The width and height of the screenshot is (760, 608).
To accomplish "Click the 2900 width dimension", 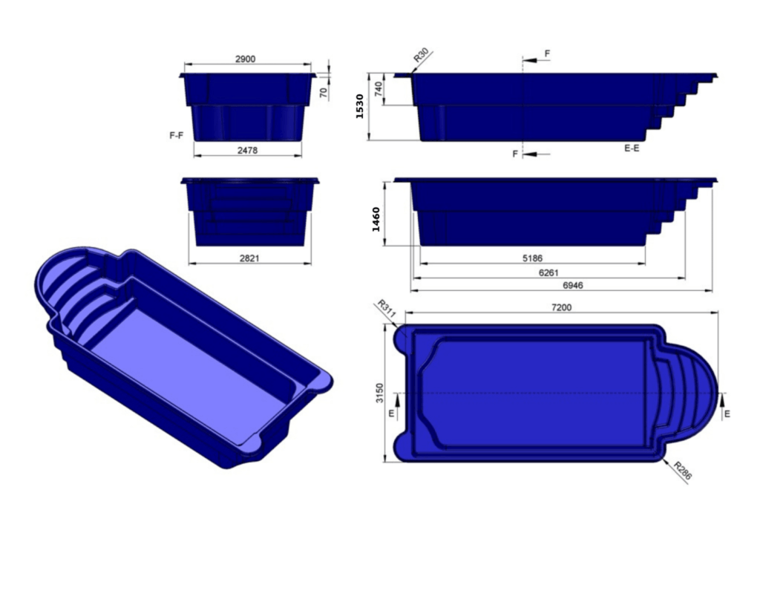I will [x=245, y=59].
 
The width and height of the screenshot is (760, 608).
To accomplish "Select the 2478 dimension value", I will [x=247, y=151].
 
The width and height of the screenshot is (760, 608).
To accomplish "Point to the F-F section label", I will [x=176, y=136].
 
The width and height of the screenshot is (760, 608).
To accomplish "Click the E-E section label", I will [x=632, y=148].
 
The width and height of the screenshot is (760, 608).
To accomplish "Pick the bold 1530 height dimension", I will [x=360, y=106].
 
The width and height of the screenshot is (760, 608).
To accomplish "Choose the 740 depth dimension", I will [x=379, y=89].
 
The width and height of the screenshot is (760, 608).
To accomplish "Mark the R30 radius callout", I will [x=421, y=56].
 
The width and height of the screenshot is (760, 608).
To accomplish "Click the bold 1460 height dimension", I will [x=376, y=219].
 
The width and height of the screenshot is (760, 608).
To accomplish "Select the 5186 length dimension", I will [x=532, y=258].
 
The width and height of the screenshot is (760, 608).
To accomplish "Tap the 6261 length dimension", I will [x=548, y=272].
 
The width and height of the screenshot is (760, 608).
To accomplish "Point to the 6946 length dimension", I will [x=572, y=285].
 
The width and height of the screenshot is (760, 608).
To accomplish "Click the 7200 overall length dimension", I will [x=562, y=307].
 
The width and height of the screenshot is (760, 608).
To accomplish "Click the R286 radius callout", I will [x=682, y=471].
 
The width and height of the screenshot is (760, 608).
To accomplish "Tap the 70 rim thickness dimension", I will [x=324, y=92].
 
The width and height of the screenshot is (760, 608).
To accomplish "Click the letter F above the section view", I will [x=547, y=54].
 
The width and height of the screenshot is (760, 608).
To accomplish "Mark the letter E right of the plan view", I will [x=727, y=413].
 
